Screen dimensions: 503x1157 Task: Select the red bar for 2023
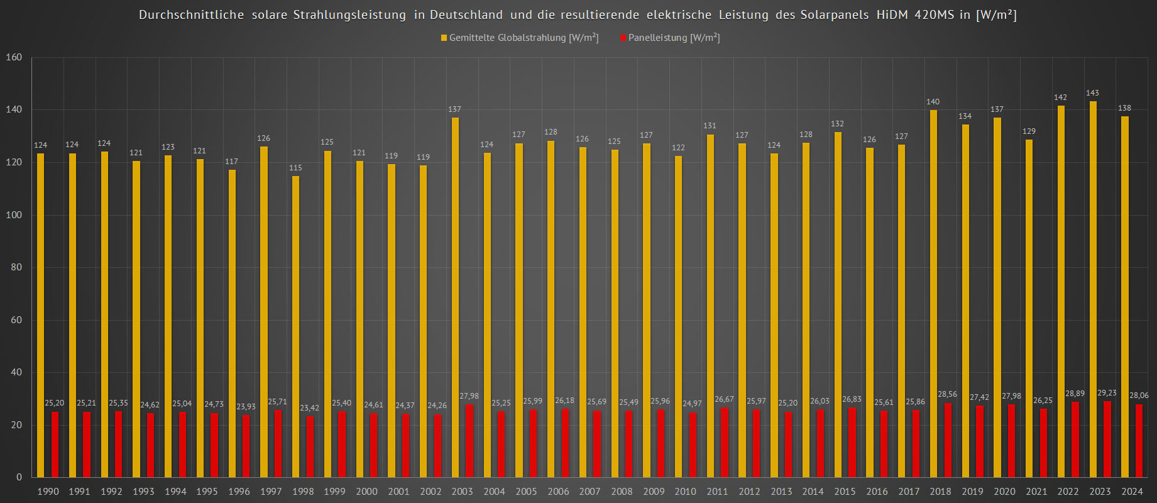pos(1107,439)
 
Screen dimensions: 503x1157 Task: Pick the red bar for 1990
pos(55,444)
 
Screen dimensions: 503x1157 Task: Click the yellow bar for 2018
pos(933,293)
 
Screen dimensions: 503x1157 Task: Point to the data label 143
pos(1092,93)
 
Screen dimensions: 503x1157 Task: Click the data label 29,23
pos(1107,393)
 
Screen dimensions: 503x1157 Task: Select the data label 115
pos(295,168)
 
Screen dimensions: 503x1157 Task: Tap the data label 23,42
pos(309,408)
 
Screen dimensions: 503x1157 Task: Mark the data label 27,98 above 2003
pos(469,396)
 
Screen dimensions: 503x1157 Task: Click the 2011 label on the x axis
pos(717,492)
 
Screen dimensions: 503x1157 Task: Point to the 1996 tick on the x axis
pos(239,492)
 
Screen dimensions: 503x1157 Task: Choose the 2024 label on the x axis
pos(1132,492)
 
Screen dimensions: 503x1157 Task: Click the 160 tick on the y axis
pos(14,57)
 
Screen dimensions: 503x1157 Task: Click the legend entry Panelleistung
pos(674,38)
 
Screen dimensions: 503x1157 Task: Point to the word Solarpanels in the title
pos(835,15)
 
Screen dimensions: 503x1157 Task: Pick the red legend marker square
pos(623,38)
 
